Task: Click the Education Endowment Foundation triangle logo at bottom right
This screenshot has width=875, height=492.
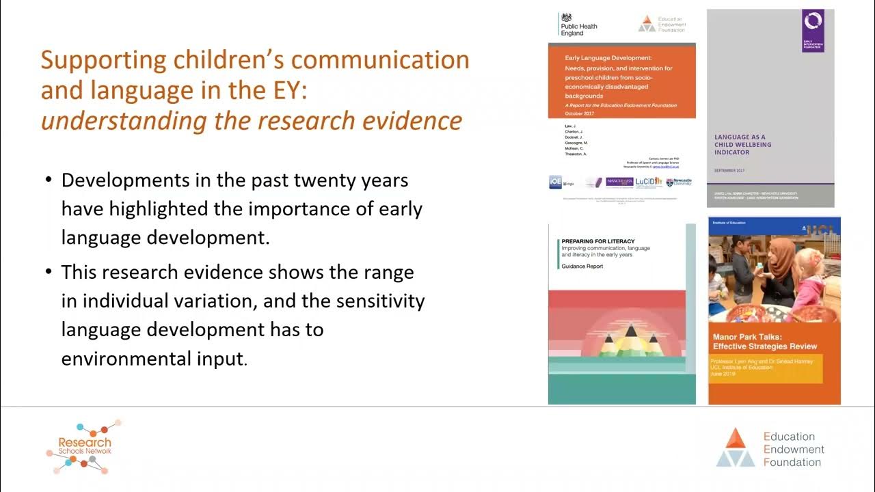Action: tap(735, 448)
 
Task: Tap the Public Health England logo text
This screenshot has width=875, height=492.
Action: tap(578, 26)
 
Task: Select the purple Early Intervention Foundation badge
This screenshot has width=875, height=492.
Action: tap(813, 30)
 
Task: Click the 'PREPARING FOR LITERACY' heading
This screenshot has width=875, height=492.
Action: tap(597, 241)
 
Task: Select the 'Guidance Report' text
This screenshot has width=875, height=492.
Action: tap(582, 266)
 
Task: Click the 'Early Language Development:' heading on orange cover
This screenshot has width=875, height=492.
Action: tap(608, 59)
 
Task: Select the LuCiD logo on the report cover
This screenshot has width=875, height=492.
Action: tap(648, 182)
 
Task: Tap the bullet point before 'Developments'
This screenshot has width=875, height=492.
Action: tap(49, 181)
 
